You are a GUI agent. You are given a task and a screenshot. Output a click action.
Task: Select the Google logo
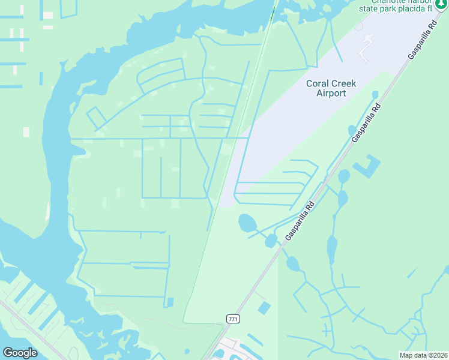20,353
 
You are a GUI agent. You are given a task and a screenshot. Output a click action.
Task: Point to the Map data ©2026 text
423,355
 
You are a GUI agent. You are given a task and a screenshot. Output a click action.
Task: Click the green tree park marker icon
441,5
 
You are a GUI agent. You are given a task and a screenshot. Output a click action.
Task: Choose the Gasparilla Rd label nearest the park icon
421,41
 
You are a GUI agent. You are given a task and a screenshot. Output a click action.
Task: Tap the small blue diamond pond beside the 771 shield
264,308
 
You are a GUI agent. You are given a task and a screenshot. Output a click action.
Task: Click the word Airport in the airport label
331,93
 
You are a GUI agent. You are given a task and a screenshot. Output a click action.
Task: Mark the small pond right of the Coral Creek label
375,95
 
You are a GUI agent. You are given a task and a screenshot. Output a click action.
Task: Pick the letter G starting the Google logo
8,353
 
